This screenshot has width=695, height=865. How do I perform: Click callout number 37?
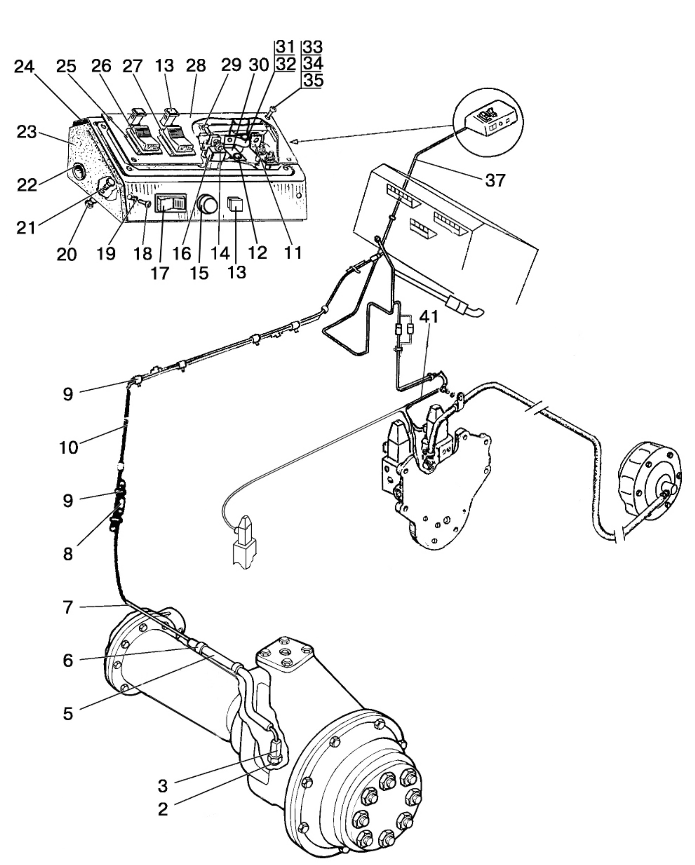(x=495, y=180)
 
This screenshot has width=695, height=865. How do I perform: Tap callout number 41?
(x=429, y=317)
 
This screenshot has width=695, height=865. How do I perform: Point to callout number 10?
(x=69, y=447)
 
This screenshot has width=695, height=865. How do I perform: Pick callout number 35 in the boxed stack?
(x=313, y=80)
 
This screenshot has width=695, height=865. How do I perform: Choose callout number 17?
(x=160, y=273)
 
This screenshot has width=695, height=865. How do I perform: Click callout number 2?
(x=162, y=810)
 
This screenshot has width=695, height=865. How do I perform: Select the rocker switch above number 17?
(x=171, y=203)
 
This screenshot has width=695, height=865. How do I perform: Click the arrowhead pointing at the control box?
(x=293, y=141)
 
